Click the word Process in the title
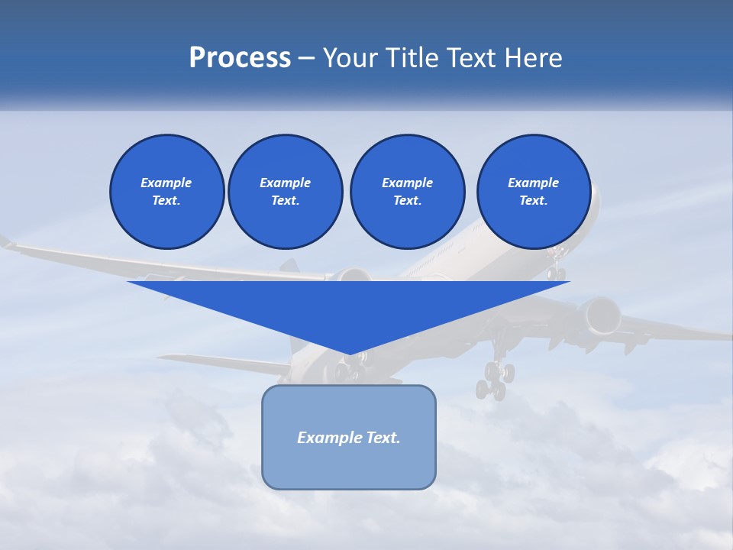[240, 58]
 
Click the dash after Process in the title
[307, 59]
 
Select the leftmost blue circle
[166, 192]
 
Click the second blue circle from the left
[285, 192]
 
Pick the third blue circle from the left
[407, 192]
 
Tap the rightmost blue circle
[533, 192]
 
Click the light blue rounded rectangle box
[348, 437]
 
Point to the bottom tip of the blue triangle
[349, 354]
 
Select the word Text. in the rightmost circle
[533, 201]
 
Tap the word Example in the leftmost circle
[166, 183]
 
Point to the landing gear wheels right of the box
[494, 381]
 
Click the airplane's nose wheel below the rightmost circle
[557, 271]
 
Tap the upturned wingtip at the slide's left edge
[7, 242]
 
